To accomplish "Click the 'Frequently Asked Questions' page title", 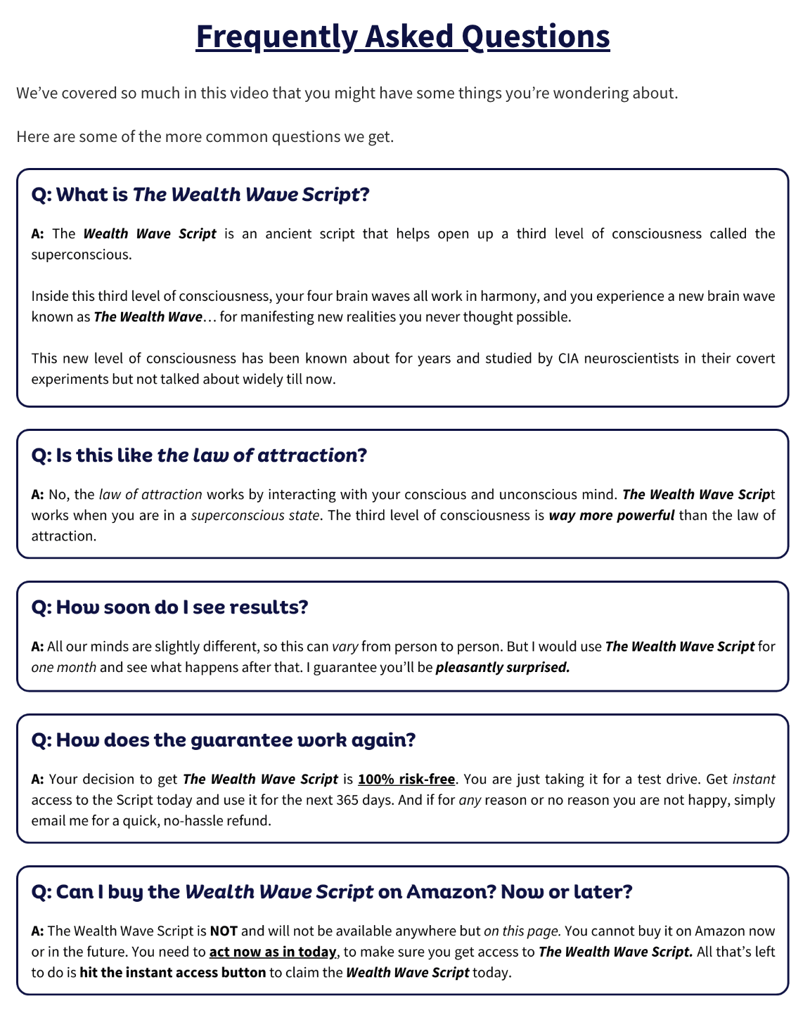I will click(x=402, y=37).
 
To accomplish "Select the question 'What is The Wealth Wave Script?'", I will click(x=200, y=195).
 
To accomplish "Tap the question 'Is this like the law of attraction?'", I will click(x=199, y=455).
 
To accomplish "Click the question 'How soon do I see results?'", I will click(x=169, y=607).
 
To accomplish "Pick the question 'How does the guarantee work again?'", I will click(x=224, y=740).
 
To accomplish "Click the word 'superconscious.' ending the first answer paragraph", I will click(x=82, y=254).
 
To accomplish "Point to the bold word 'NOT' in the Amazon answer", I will click(x=224, y=931).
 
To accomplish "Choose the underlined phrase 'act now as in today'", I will click(x=274, y=952).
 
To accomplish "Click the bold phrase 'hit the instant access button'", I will click(x=173, y=973).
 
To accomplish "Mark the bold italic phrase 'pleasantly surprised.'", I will click(x=503, y=667).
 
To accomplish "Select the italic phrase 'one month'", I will click(x=64, y=667).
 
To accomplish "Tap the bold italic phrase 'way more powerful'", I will click(x=611, y=515).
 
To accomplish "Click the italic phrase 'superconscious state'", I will click(x=256, y=515).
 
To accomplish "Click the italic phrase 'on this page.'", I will click(x=522, y=931).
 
